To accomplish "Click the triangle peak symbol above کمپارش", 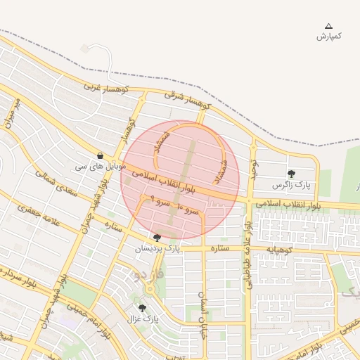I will [x=328, y=26].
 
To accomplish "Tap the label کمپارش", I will [x=328, y=36].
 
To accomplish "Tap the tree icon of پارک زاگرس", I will [x=291, y=174].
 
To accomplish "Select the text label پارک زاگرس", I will [x=291, y=185].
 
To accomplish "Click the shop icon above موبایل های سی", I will [x=101, y=156].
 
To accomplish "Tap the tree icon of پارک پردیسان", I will [x=156, y=238].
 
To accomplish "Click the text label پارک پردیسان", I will [x=157, y=249].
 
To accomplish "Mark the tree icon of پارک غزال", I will [x=142, y=308].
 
